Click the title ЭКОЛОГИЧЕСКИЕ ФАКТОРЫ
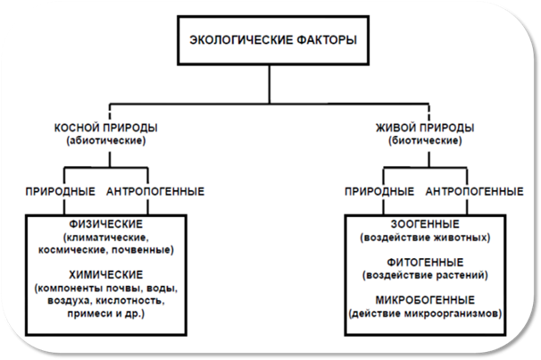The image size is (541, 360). click(273, 40)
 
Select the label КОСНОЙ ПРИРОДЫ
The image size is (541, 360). click(106, 128)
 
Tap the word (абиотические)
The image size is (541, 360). click(106, 141)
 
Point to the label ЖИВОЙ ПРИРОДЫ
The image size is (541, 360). click(425, 128)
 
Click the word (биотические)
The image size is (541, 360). click(425, 141)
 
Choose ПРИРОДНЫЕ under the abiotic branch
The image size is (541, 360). click(61, 191)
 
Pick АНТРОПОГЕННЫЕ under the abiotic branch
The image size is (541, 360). click(155, 191)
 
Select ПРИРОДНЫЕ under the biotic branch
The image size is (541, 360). click(379, 191)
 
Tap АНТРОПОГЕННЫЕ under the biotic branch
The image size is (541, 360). click(474, 191)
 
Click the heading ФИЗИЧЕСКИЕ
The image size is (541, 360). click(106, 224)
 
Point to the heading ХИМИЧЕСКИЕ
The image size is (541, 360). click(106, 275)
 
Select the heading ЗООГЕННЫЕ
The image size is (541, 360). click(425, 224)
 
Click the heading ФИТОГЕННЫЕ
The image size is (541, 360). click(425, 263)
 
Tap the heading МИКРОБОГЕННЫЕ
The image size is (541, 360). click(425, 300)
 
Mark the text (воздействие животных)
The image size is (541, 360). click(425, 238)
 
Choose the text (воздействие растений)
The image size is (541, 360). click(425, 275)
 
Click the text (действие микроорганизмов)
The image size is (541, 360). click(425, 314)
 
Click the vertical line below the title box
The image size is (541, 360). click(270, 84)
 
